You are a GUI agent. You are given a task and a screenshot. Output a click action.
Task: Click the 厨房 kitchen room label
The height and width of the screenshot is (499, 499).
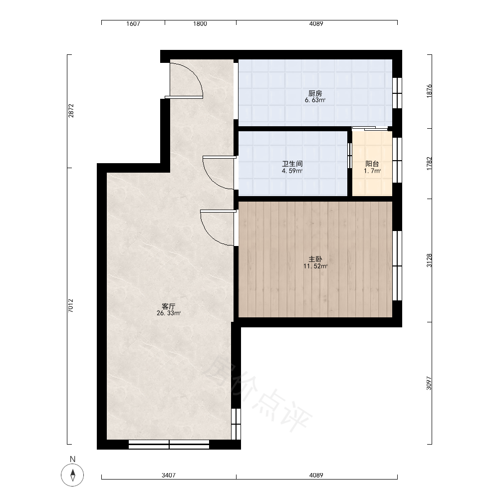(x=315, y=93)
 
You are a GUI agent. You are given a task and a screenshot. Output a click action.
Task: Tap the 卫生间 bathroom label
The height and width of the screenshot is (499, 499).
(x=292, y=164)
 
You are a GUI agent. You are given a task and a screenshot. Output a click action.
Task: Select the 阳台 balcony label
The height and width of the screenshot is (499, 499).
(x=372, y=164)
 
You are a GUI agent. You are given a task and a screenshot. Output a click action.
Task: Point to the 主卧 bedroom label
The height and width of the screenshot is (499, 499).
(x=315, y=259)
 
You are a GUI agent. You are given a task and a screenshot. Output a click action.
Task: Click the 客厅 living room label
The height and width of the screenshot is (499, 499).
(x=168, y=306)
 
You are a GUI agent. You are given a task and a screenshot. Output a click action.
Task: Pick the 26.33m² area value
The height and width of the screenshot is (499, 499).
(x=169, y=313)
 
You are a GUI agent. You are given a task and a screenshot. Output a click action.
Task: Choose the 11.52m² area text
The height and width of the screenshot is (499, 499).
(x=315, y=266)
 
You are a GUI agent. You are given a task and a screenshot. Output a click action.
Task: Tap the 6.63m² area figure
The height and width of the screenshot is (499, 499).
(x=315, y=100)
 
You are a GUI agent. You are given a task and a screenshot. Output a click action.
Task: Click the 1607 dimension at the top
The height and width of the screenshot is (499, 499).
(x=133, y=23)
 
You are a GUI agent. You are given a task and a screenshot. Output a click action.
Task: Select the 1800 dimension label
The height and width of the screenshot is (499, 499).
(x=200, y=23)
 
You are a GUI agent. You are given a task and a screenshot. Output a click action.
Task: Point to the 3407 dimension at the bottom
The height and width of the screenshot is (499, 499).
(x=168, y=476)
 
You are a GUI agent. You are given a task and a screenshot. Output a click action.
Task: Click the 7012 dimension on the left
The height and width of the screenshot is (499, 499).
(x=71, y=305)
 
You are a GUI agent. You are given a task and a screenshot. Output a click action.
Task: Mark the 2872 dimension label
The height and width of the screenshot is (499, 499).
(x=71, y=111)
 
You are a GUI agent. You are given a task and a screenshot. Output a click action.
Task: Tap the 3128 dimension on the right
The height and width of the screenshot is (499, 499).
(x=429, y=260)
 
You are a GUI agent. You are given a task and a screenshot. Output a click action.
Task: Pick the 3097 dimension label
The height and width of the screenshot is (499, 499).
(x=429, y=383)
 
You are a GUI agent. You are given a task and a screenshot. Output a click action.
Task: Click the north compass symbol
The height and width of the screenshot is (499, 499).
(x=72, y=475)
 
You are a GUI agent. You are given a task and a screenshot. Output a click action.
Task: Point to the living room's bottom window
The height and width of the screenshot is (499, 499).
(x=169, y=445)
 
